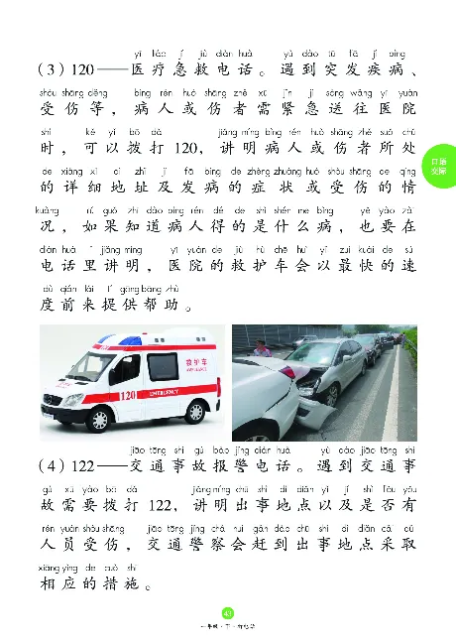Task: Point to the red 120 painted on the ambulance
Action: click(126, 396)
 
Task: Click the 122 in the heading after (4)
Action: click(83, 465)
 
